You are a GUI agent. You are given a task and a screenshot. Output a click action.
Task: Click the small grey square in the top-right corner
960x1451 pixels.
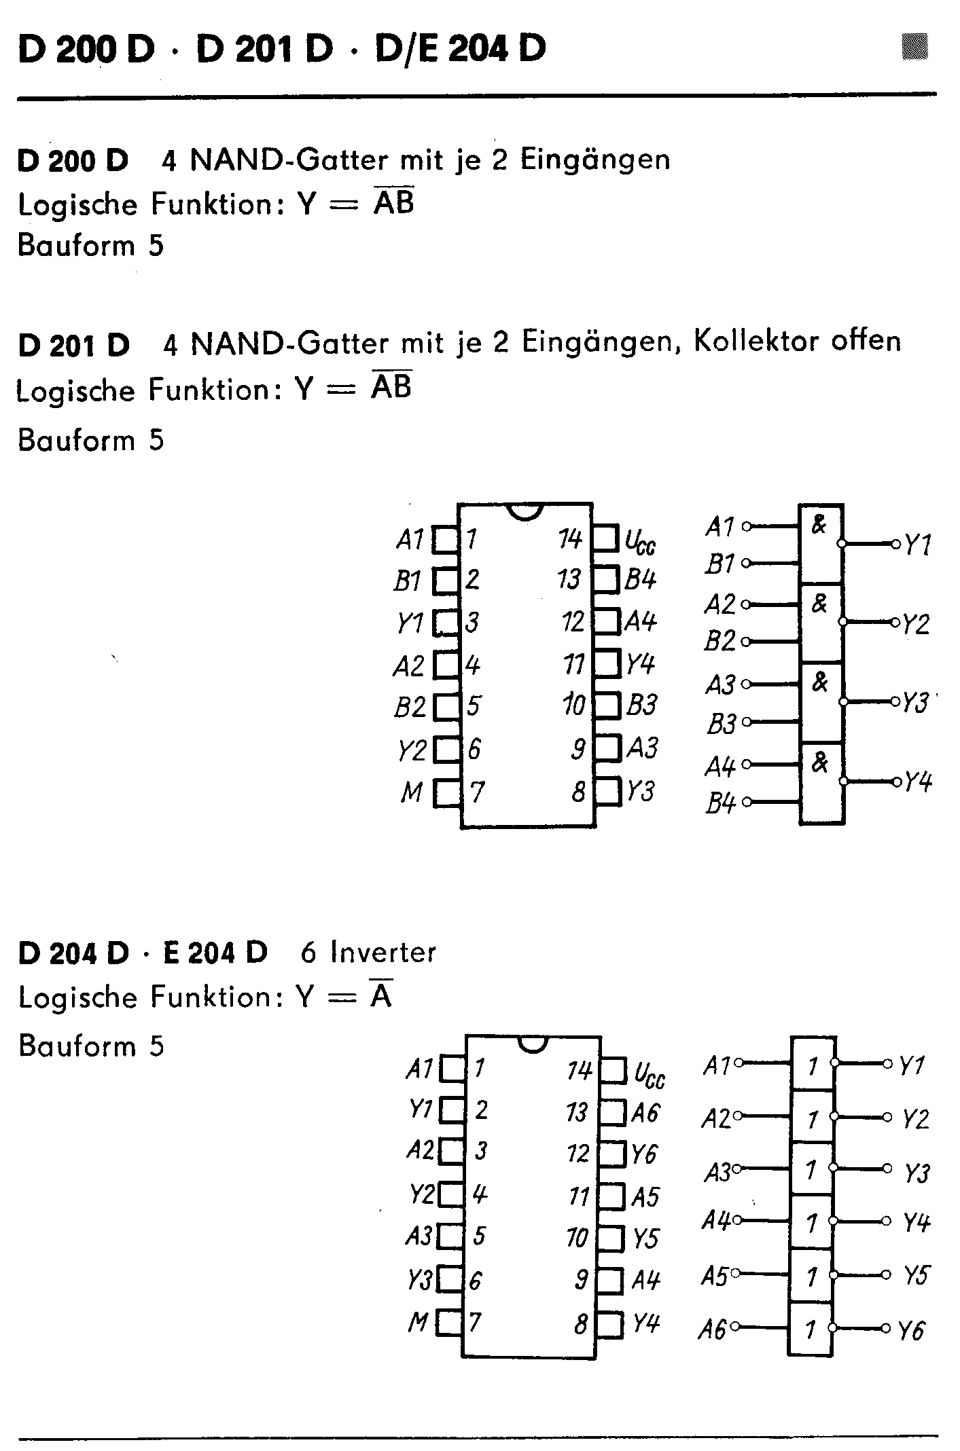tap(914, 47)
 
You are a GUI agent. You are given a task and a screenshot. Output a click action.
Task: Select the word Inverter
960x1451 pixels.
tap(383, 953)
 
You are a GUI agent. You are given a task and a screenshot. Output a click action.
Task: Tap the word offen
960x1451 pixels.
tap(866, 341)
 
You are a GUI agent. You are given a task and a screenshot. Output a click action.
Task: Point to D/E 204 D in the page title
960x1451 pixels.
tap(461, 49)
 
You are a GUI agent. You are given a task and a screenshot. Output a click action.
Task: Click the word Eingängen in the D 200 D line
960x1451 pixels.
tap(595, 160)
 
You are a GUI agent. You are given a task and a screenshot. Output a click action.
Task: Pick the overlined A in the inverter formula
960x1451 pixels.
tap(381, 997)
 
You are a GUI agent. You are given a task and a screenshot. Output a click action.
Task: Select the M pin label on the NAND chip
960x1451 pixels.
tap(412, 792)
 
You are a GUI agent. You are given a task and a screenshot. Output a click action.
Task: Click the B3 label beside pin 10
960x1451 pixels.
tap(641, 705)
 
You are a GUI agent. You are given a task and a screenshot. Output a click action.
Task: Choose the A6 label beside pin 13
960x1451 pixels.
tap(645, 1114)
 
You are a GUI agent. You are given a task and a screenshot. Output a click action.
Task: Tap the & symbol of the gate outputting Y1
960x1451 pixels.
tap(819, 525)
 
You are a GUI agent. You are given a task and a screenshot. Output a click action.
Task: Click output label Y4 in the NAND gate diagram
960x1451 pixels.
tap(918, 782)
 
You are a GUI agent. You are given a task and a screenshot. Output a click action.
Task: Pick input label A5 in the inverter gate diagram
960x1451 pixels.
tap(714, 1276)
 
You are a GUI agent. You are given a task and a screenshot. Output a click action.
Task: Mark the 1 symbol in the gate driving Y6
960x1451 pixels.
tap(811, 1329)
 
